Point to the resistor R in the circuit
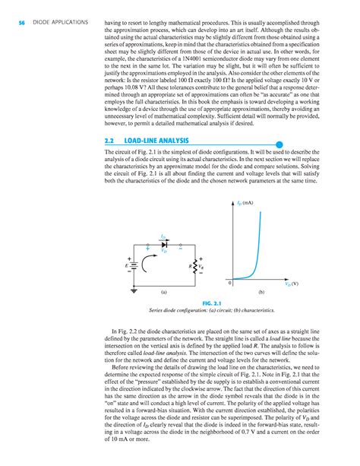[x=190, y=267]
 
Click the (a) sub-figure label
[x=163, y=293]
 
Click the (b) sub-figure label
[x=261, y=293]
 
